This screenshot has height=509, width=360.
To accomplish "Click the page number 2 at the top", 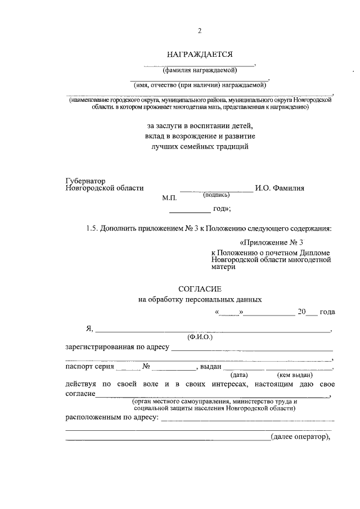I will coord(199,31).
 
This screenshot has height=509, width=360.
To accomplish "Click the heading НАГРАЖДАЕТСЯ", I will coord(200,55).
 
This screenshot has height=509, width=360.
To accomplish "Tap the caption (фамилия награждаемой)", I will coord(200,71).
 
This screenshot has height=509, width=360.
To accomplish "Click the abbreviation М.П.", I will coord(169,199).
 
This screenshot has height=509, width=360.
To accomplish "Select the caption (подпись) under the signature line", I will coord(216,195).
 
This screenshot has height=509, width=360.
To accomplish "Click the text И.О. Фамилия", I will coord(280,189).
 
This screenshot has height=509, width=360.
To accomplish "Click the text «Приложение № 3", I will coord(271,242).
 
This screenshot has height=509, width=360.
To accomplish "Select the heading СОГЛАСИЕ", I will coord(200,289).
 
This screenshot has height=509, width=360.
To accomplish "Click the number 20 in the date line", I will coord(301,312).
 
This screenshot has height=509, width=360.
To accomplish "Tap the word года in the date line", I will coord(327,312).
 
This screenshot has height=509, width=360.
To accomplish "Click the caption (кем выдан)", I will coord(295,374).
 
